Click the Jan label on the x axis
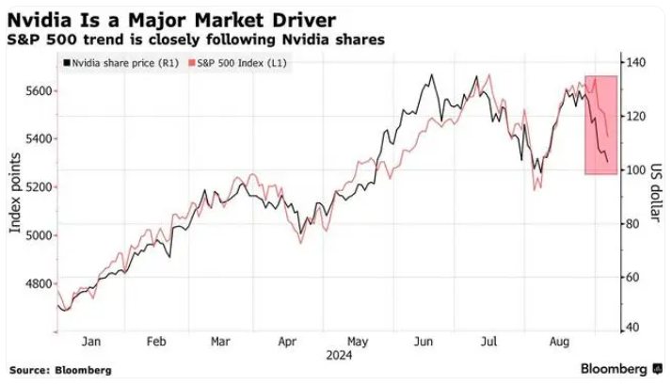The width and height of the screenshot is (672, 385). [x=92, y=343]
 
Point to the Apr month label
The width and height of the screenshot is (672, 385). [x=287, y=343]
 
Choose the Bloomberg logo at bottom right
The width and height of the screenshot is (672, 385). [x=616, y=368]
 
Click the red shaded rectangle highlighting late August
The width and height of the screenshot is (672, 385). [x=600, y=124]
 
